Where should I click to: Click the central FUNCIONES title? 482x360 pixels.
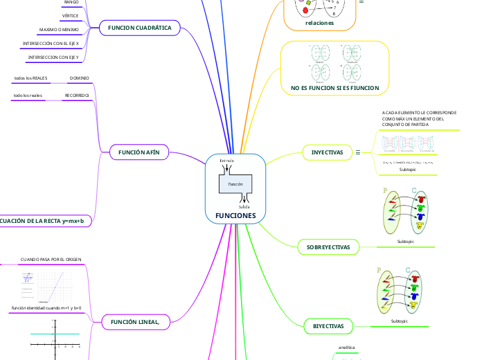[235, 215]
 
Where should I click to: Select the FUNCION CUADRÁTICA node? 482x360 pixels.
[140, 28]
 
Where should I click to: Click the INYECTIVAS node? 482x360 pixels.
[328, 152]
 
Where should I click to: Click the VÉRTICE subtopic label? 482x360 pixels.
[70, 15]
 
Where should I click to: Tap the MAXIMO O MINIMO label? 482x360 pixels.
[60, 30]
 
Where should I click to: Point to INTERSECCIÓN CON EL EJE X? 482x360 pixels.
[51, 43]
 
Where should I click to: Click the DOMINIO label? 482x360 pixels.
[80, 78]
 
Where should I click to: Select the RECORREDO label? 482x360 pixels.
[77, 95]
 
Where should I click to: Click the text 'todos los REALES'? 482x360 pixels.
[30, 78]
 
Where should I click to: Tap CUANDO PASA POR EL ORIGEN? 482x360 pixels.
[51, 259]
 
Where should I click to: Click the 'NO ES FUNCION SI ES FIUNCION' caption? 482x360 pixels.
[330, 88]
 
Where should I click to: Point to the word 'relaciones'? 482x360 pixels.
[319, 23]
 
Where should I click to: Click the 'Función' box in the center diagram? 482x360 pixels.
[235, 185]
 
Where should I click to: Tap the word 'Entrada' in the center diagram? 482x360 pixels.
[226, 161]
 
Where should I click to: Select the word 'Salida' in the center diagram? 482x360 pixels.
[244, 206]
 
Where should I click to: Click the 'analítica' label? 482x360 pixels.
[346, 347]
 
